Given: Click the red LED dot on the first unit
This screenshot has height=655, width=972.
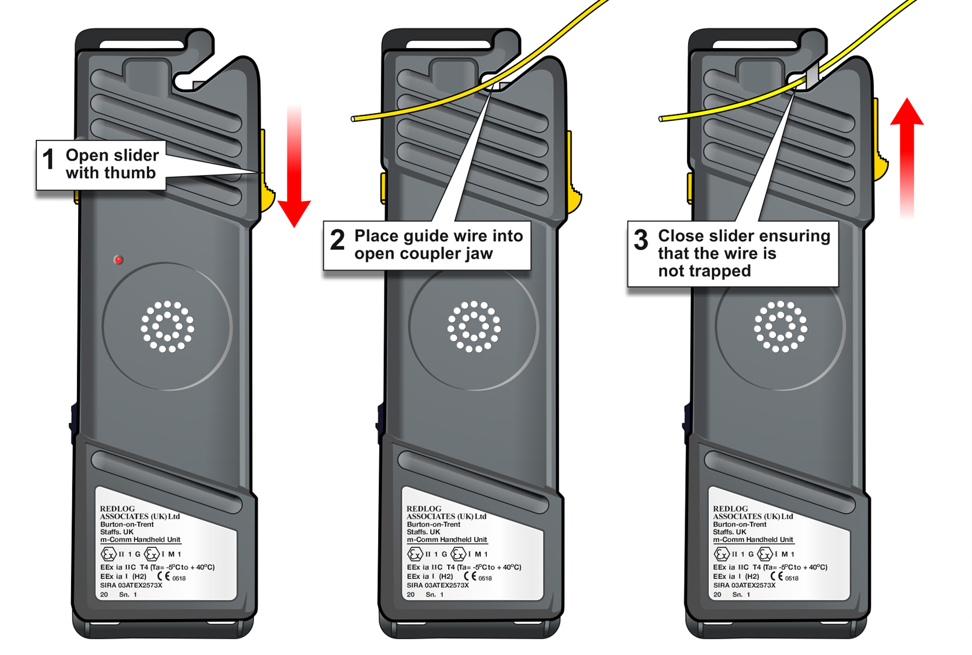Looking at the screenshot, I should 118,260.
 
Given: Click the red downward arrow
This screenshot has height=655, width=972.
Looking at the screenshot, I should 294,173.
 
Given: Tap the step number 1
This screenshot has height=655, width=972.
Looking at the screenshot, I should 49,159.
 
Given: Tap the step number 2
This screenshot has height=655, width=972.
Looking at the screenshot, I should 337,239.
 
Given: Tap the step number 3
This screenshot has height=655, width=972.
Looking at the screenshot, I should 641,239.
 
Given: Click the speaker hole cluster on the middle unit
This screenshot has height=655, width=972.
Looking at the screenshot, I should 474,326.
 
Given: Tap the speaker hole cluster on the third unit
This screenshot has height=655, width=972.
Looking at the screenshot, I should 780,326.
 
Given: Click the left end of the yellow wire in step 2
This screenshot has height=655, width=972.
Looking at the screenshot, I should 354,119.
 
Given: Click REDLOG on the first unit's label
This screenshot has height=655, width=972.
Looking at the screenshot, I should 117,509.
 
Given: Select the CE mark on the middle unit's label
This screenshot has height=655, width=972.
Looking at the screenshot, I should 470,576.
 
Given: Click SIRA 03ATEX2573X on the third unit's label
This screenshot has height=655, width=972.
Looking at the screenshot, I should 744,585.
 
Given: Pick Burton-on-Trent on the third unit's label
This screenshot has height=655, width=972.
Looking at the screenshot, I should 740,524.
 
